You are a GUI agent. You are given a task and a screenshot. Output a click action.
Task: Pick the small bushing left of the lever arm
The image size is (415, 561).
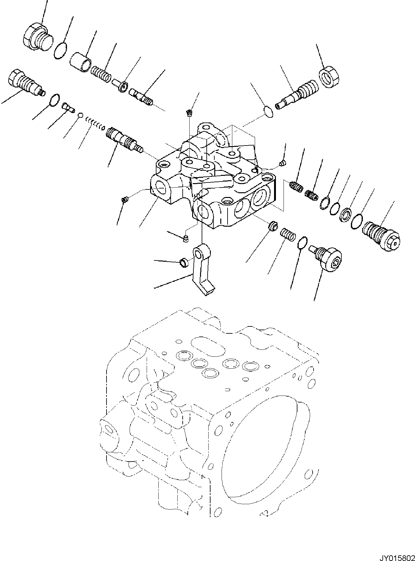[x=183, y=262]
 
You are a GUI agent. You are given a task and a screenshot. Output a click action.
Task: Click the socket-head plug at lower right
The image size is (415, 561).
[x=329, y=259]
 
